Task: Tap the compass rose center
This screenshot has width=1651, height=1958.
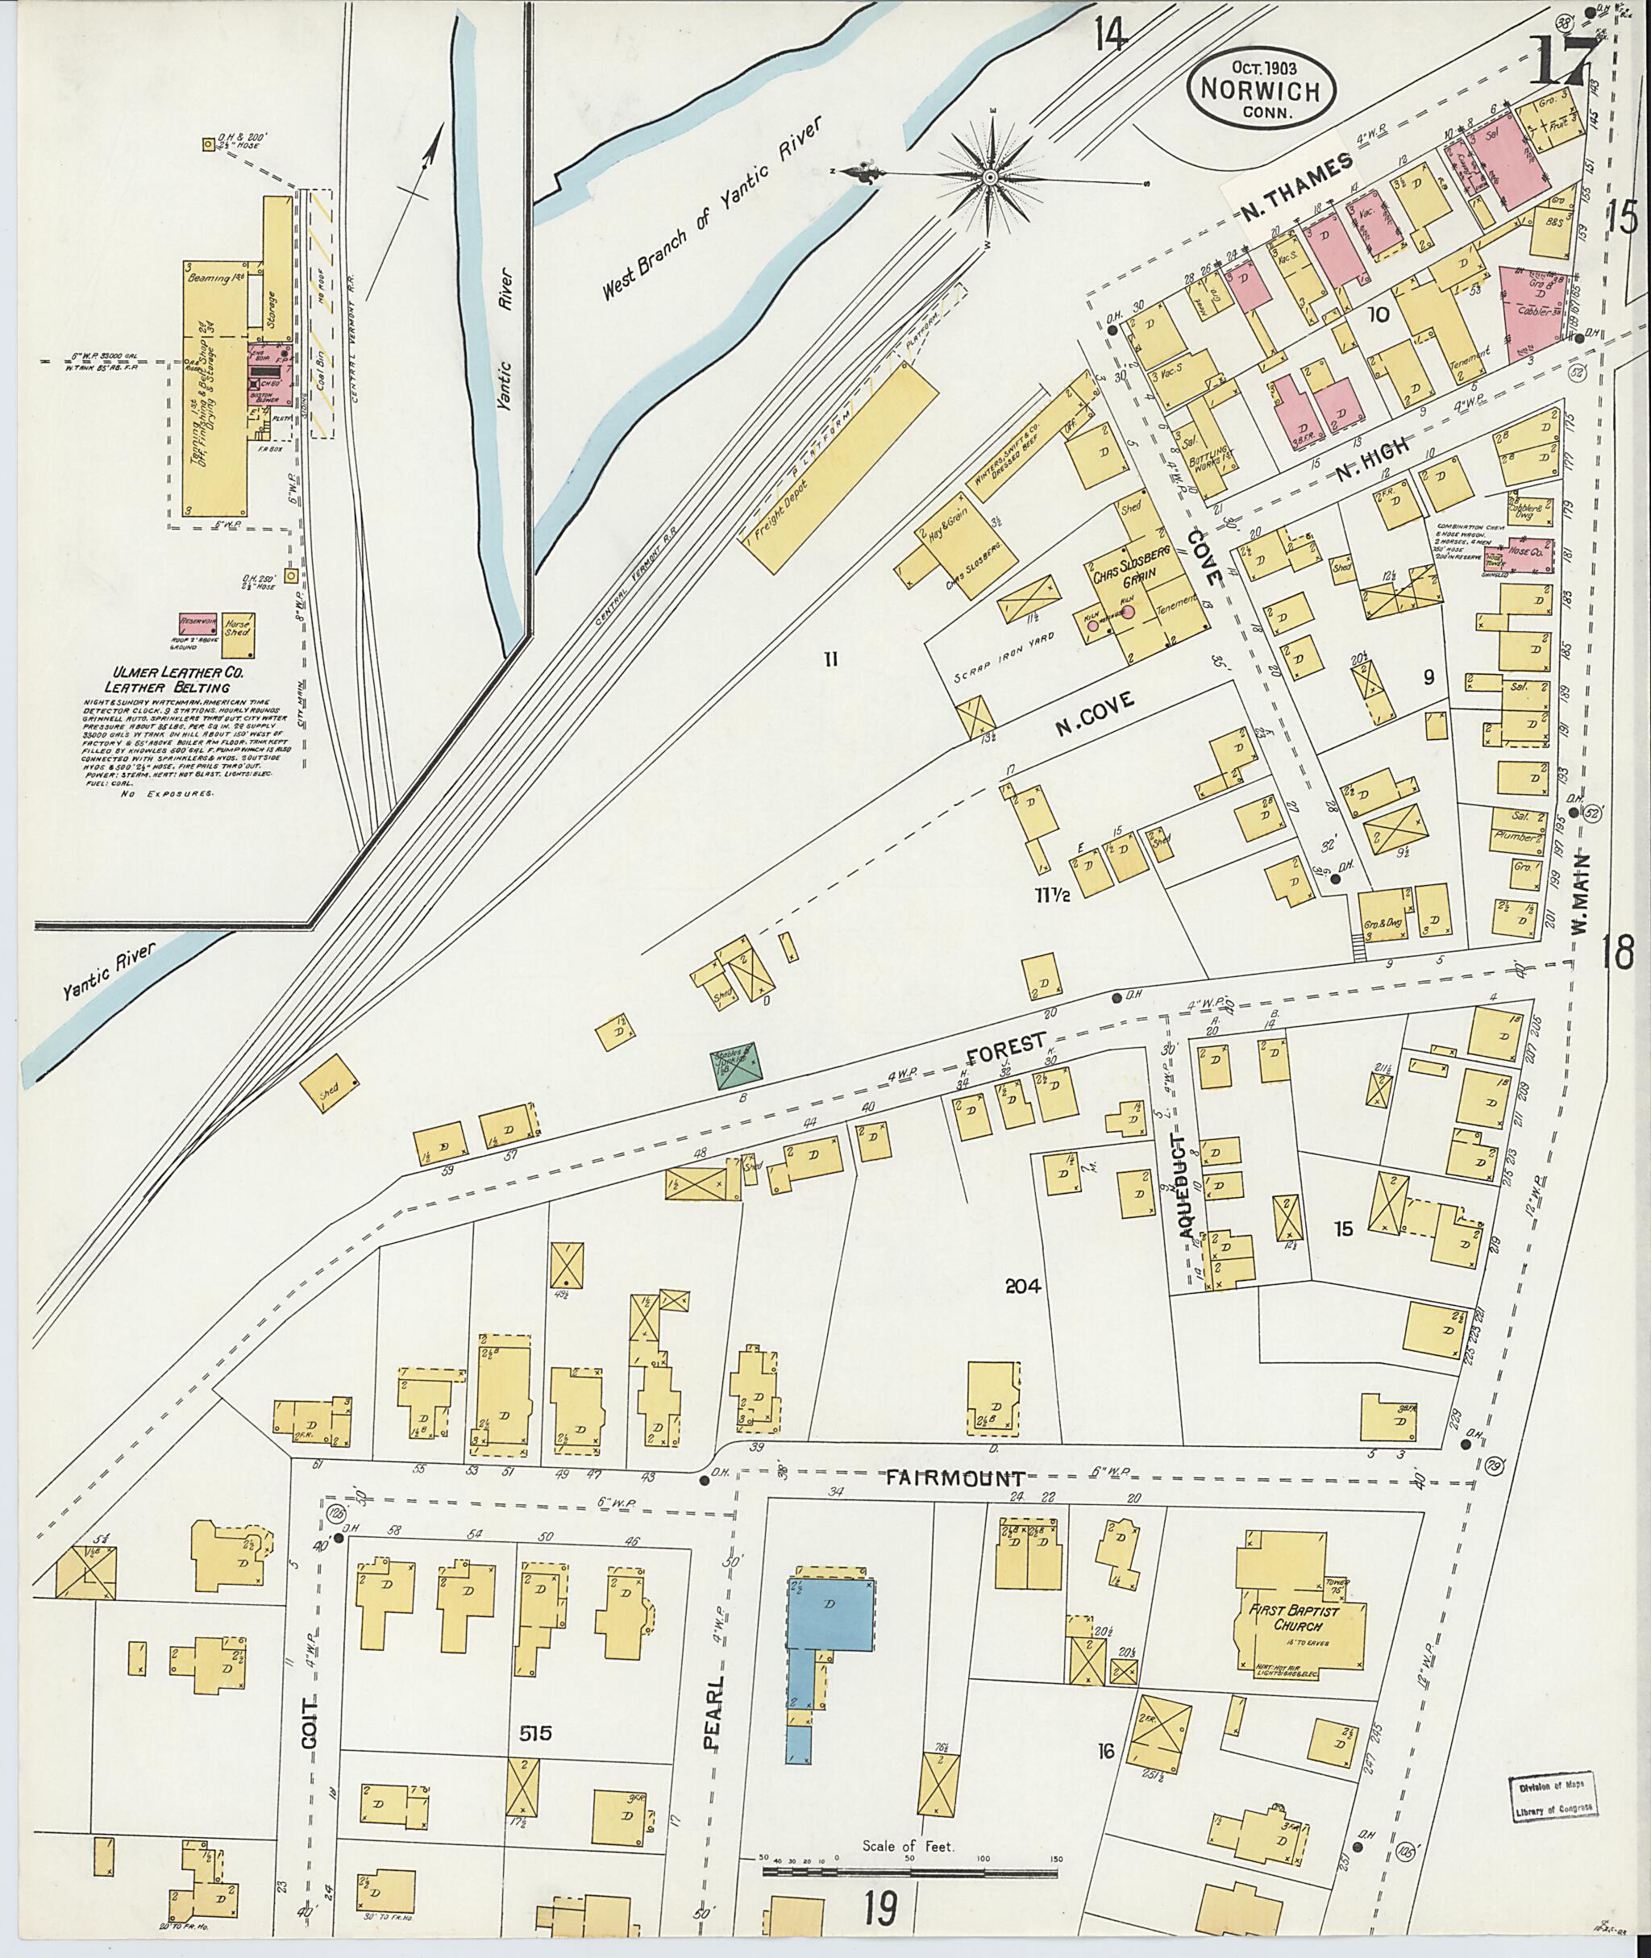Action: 990,176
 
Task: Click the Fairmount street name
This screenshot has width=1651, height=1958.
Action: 954,1479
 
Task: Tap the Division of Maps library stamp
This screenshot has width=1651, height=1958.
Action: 1553,1798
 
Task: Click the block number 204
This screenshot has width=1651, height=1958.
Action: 1022,1286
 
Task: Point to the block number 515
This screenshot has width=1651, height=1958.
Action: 537,1733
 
